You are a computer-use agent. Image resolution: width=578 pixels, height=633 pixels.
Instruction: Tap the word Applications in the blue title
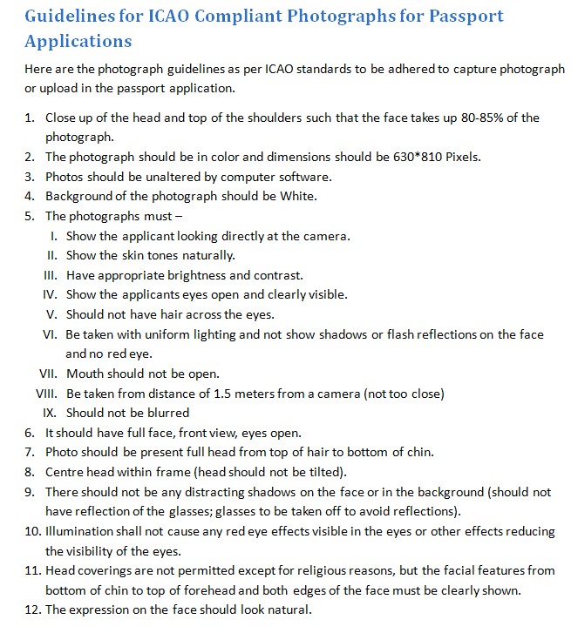(78, 41)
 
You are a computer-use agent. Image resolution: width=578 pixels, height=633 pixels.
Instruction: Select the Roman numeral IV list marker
(51, 294)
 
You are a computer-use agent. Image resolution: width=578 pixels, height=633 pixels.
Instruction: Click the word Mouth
(85, 374)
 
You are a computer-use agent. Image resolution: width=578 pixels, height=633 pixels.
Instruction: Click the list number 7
(29, 452)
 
